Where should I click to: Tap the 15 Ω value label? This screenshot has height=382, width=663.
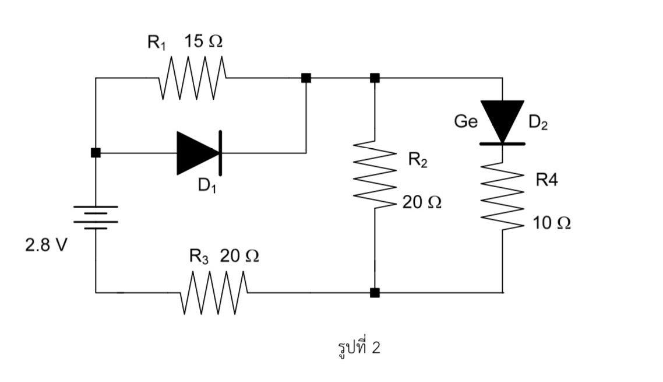click(x=203, y=42)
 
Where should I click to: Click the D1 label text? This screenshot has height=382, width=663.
click(x=207, y=185)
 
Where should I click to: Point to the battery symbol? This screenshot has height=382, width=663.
click(x=96, y=217)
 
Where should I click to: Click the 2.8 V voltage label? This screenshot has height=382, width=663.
click(x=45, y=245)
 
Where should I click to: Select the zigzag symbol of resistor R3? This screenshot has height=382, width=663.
click(x=215, y=292)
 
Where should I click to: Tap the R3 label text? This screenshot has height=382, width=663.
click(x=198, y=256)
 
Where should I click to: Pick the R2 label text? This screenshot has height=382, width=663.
click(x=417, y=159)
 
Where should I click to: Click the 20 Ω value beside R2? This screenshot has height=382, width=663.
click(x=422, y=202)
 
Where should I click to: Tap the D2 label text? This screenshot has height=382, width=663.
click(x=538, y=122)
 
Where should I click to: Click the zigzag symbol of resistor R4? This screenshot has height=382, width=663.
click(x=502, y=196)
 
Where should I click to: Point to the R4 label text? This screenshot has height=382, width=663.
click(x=546, y=180)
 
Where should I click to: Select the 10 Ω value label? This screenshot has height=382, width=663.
click(x=551, y=223)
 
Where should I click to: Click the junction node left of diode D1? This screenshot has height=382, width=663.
click(x=96, y=153)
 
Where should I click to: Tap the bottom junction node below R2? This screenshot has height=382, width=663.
click(x=375, y=292)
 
